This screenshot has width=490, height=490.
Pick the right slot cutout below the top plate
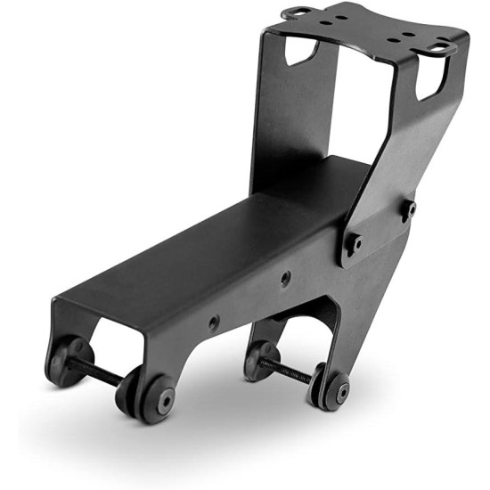(x=429, y=82)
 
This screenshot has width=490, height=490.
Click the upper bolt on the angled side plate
(x=410, y=208)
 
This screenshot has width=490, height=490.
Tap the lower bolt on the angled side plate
(x=355, y=242)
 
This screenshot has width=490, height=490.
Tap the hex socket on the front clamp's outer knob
(x=167, y=400)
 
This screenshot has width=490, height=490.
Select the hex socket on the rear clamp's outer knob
(x=340, y=392)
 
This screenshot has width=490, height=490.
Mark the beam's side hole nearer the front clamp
(x=214, y=322)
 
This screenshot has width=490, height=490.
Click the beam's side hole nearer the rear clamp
(x=285, y=279)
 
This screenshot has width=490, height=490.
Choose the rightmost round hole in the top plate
(x=419, y=39)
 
